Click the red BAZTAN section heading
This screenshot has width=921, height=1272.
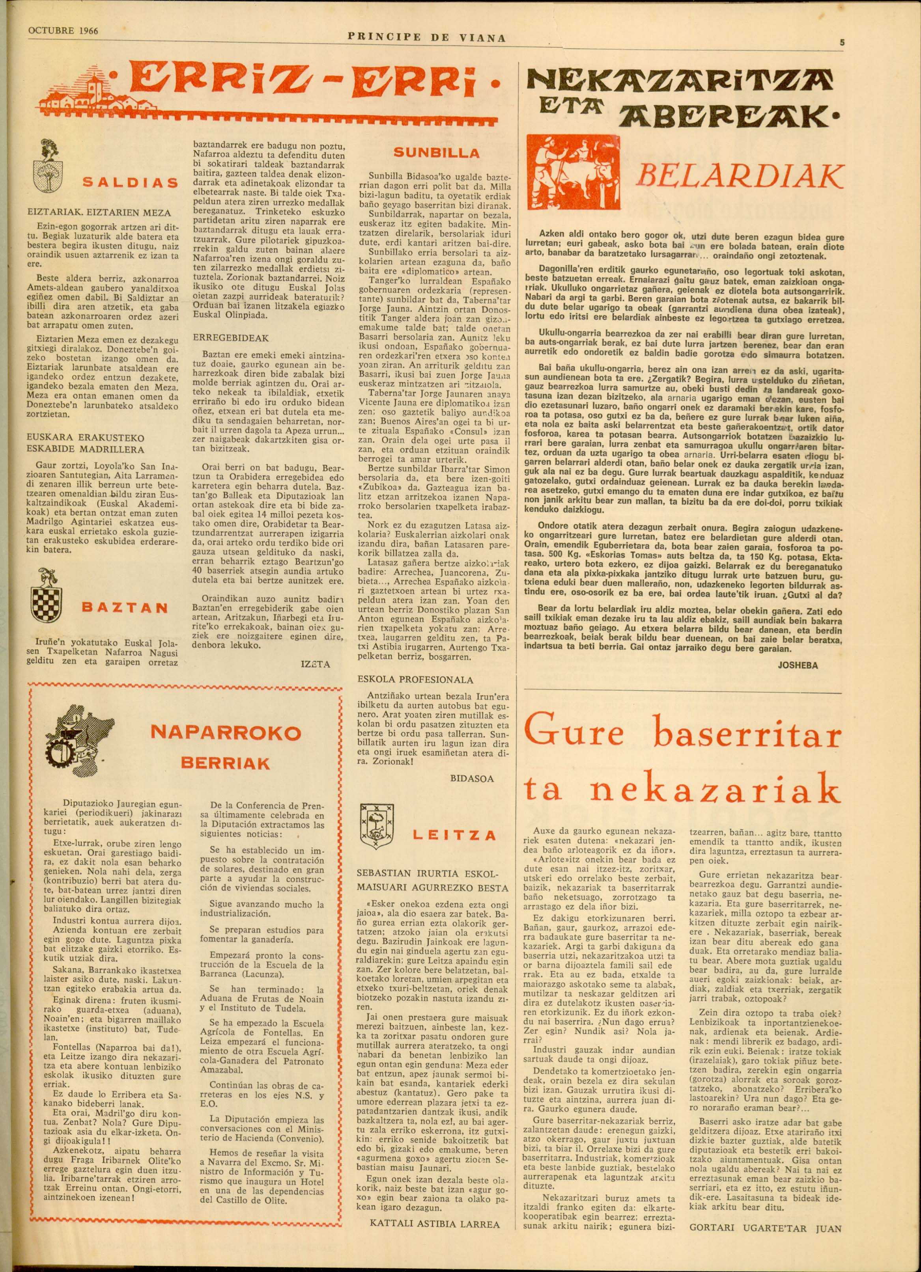point(125,607)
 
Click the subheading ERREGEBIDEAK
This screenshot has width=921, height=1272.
point(222,338)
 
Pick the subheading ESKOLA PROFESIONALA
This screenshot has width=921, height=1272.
point(415,679)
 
